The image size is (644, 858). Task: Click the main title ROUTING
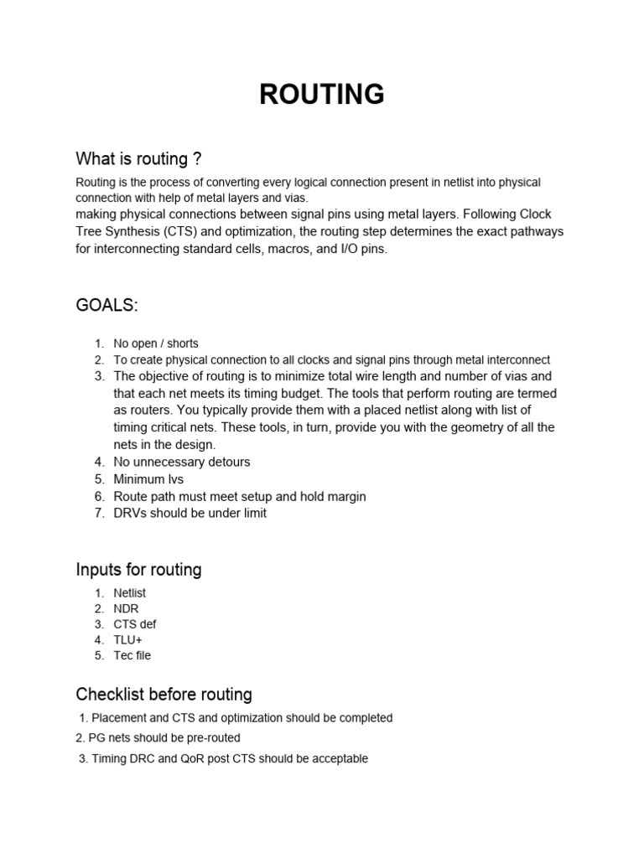click(x=322, y=95)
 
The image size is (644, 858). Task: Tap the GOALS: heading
click(x=106, y=306)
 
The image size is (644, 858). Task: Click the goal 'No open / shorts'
click(x=156, y=344)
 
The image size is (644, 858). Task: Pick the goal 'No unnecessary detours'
click(x=181, y=462)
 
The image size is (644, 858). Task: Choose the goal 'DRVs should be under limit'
click(x=190, y=513)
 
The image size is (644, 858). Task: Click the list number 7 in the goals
click(x=98, y=513)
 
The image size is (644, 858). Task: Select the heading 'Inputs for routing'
click(x=138, y=570)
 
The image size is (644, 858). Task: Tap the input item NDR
click(x=127, y=608)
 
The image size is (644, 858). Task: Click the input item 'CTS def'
click(x=134, y=624)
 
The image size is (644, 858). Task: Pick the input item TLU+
click(x=128, y=640)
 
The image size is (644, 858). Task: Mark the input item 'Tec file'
click(x=132, y=656)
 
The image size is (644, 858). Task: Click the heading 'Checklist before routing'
click(x=164, y=695)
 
